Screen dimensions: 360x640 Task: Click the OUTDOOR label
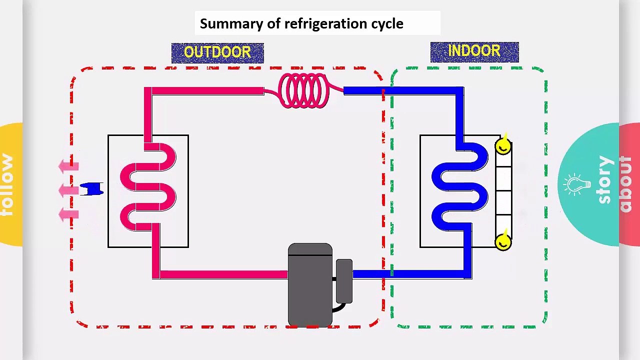pos(217,52)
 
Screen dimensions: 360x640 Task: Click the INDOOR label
pos(474,51)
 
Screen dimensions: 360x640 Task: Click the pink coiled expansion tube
pos(304,90)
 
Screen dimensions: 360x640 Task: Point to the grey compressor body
pos(310,285)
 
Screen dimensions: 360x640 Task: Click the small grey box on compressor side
pos(344,281)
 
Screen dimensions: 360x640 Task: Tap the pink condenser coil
pos(148,187)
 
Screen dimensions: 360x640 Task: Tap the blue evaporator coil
pos(460,187)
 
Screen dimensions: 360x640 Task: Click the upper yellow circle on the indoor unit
pos(503,146)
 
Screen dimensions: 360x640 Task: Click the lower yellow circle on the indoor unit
pos(503,242)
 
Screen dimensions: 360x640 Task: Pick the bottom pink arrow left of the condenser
pos(68,214)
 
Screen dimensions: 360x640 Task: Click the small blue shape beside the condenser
pos(91,189)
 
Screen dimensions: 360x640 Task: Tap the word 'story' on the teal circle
pos(604,180)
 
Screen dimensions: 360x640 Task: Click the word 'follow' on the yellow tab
pos(7,185)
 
